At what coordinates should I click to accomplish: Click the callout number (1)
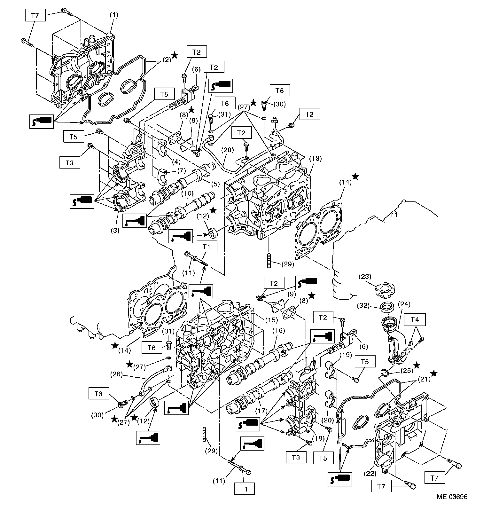click(114, 15)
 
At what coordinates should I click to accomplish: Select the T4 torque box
click(414, 319)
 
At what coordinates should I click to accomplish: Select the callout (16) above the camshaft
click(278, 331)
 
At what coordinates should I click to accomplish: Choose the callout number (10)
click(188, 193)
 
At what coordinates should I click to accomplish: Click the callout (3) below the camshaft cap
click(115, 230)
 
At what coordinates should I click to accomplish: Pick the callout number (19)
click(346, 355)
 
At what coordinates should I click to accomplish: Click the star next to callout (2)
click(175, 55)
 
